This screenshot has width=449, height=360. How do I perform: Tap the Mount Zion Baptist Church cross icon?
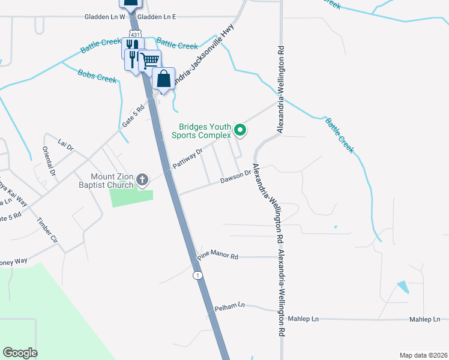click(x=142, y=179)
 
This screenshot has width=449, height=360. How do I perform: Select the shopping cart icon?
click(x=149, y=60)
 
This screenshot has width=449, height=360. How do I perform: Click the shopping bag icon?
click(x=163, y=78)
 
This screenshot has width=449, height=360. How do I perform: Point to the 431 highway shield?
click(x=136, y=34)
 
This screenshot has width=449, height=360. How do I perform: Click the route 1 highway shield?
click(x=197, y=275)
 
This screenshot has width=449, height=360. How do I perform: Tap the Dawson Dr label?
click(x=235, y=177)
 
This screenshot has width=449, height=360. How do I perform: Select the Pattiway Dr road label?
click(x=188, y=158)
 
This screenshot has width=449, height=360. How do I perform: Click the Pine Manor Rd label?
click(x=217, y=256)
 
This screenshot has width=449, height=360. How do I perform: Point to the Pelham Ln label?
click(x=230, y=307)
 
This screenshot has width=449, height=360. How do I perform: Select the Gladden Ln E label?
click(x=157, y=17)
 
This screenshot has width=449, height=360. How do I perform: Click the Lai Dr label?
click(x=65, y=145)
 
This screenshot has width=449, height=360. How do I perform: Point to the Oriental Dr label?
click(x=49, y=161)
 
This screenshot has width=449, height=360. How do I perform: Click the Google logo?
click(x=20, y=353)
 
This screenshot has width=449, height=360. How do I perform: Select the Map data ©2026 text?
click(x=423, y=355)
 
